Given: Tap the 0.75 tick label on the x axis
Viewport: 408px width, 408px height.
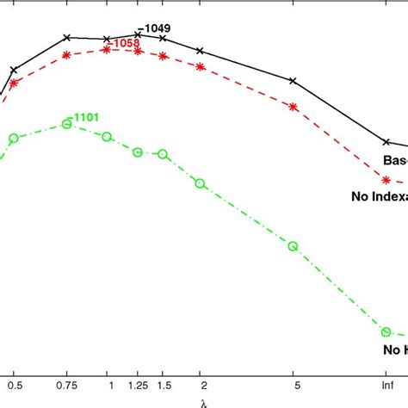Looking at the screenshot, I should click(67, 383).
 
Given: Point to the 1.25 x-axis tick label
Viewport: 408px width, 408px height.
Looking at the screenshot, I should click(137, 383).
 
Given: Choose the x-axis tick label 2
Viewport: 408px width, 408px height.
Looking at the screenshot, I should click(201, 383).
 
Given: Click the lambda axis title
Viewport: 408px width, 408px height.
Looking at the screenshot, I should click(203, 401).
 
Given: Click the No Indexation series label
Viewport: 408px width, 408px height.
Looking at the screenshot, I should click(379, 197).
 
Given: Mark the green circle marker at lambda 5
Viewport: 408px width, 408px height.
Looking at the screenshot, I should click(293, 246).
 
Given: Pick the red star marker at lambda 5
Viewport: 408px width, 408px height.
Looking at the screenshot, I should click(293, 108).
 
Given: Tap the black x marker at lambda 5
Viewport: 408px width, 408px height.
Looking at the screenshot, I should click(293, 81).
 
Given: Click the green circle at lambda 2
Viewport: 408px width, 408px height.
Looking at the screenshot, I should click(201, 183).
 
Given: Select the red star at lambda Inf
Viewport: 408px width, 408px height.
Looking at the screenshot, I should click(387, 181).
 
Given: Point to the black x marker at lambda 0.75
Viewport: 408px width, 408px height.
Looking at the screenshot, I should click(67, 38).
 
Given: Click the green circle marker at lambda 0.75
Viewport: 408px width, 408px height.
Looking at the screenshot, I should click(67, 125).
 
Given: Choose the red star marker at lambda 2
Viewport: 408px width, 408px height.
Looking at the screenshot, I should click(201, 65).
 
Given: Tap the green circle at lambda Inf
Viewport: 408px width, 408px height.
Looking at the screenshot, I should click(387, 332).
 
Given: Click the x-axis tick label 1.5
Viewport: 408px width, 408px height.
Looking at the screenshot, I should click(162, 383).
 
